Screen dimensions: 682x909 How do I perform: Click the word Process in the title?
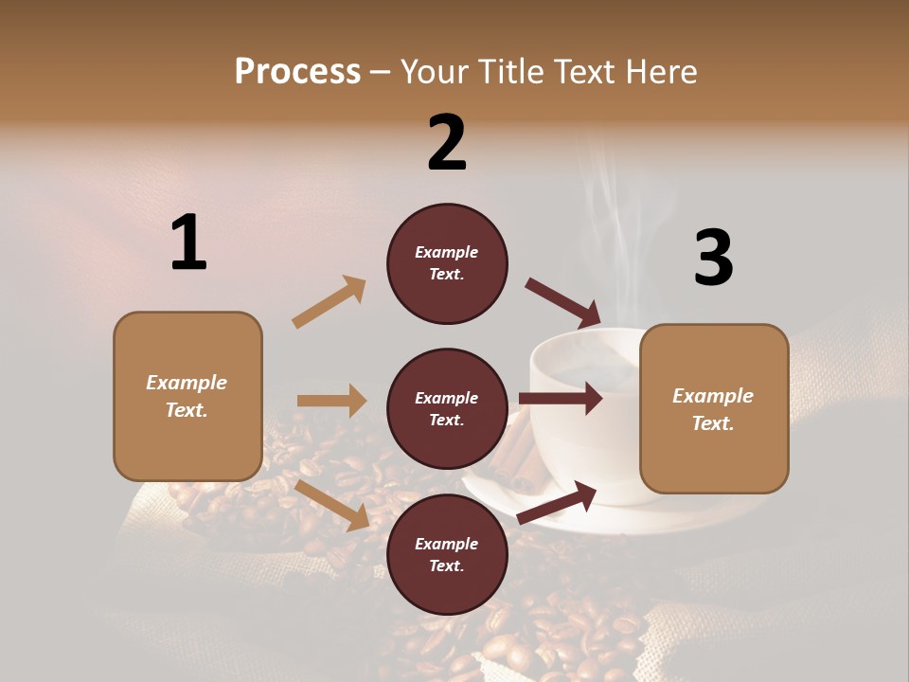(x=297, y=72)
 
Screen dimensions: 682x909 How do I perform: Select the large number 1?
(x=188, y=242)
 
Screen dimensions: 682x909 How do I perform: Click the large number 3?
(x=713, y=258)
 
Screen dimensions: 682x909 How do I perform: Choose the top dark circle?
(x=447, y=263)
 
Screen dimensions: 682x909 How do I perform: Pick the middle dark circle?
(x=447, y=409)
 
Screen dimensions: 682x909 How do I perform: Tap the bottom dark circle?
(x=447, y=555)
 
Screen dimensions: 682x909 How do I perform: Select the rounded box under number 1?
(x=187, y=396)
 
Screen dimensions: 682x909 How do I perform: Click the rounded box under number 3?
(x=714, y=409)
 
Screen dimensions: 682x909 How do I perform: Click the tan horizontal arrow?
(x=331, y=401)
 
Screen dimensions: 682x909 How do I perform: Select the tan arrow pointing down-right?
(x=332, y=505)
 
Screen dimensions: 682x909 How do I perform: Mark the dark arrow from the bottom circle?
(x=557, y=502)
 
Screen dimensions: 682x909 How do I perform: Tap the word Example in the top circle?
(x=447, y=252)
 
